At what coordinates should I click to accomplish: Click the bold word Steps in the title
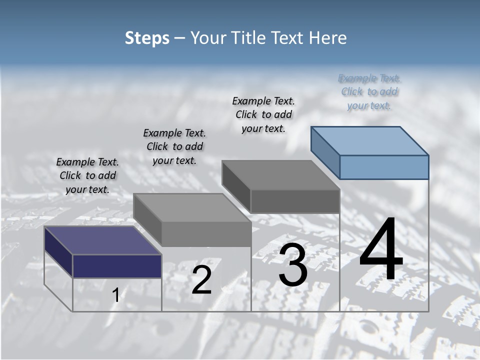click(147, 38)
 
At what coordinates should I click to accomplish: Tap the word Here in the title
click(327, 38)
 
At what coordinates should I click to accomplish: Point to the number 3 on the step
click(293, 266)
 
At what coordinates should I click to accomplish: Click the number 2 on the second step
click(201, 280)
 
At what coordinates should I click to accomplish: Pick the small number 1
click(115, 295)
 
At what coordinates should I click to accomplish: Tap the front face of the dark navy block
click(117, 266)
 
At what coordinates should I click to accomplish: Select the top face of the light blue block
click(370, 140)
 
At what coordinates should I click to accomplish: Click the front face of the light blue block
click(384, 167)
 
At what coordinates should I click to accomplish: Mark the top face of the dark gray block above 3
click(280, 175)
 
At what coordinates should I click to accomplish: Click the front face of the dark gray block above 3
click(295, 201)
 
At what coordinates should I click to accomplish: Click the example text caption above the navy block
click(87, 175)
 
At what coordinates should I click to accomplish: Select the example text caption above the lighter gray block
click(174, 146)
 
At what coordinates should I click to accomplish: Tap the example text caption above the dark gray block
click(263, 114)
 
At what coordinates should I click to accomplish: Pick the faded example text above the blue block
click(369, 91)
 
